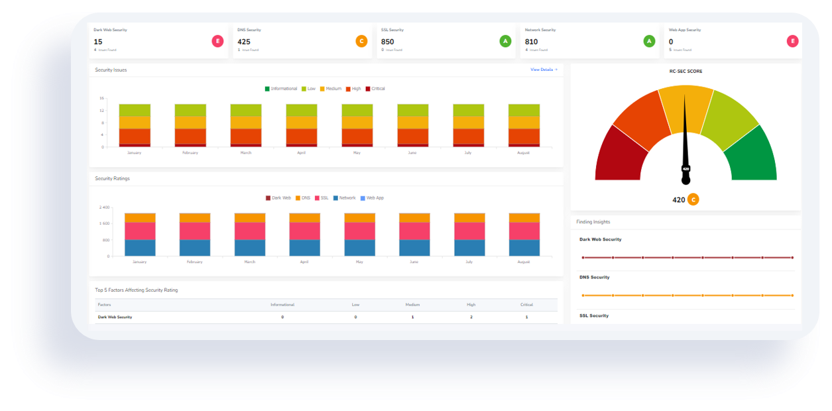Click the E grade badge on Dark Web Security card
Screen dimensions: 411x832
pyautogui.click(x=217, y=41)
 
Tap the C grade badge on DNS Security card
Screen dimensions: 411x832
pyautogui.click(x=361, y=41)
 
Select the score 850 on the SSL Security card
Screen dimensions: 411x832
pyautogui.click(x=387, y=42)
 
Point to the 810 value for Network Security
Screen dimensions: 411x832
pyautogui.click(x=531, y=42)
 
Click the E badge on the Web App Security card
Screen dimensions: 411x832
pyautogui.click(x=792, y=41)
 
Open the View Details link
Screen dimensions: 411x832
pyautogui.click(x=544, y=70)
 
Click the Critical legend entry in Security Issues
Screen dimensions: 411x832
pyautogui.click(x=375, y=89)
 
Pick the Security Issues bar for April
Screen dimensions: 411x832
pyautogui.click(x=301, y=125)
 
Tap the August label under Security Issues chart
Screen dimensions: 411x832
pyautogui.click(x=524, y=152)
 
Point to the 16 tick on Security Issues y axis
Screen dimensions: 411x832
pyautogui.click(x=101, y=98)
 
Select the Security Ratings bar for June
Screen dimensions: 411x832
pyautogui.click(x=414, y=235)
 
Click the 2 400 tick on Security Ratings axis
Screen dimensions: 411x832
pyautogui.click(x=104, y=207)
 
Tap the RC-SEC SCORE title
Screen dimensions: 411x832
pyautogui.click(x=685, y=71)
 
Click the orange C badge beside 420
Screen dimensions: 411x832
pyautogui.click(x=693, y=200)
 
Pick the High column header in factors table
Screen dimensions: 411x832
pyautogui.click(x=471, y=305)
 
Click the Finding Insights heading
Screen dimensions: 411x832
pyautogui.click(x=593, y=222)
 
